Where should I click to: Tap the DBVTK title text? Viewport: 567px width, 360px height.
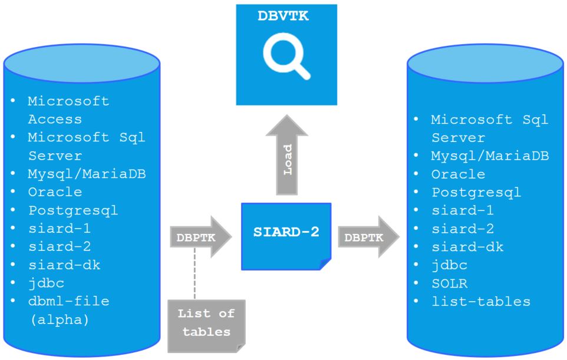click(283, 16)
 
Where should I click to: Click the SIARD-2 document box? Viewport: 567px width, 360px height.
click(286, 234)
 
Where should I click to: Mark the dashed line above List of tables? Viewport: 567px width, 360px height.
click(194, 277)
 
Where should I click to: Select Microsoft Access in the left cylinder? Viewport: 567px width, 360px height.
click(68, 110)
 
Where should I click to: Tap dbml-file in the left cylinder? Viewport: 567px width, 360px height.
click(68, 301)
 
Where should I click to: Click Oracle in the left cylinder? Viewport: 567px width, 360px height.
click(55, 192)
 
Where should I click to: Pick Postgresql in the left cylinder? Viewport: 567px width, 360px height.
click(73, 210)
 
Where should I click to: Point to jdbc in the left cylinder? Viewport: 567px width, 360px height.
click(46, 283)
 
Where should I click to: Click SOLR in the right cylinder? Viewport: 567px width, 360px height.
click(449, 283)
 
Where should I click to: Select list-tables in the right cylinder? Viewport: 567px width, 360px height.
click(480, 302)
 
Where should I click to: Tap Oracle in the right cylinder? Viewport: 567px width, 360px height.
click(458, 174)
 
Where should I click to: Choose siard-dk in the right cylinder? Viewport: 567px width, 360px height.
click(467, 247)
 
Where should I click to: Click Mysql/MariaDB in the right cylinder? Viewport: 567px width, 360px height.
click(490, 156)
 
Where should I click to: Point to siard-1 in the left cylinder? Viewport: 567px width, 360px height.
click(60, 229)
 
